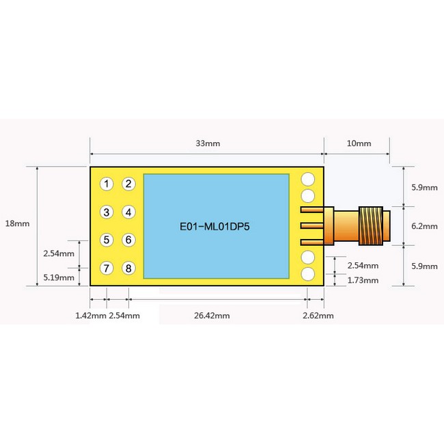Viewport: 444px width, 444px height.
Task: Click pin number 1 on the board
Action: coord(107,184)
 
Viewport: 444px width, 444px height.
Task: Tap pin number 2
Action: coord(128,184)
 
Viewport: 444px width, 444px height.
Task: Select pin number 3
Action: coord(107,212)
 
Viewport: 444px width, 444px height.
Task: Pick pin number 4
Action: coord(128,212)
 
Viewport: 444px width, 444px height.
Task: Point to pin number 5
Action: coord(107,240)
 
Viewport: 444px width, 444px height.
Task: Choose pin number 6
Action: coord(128,240)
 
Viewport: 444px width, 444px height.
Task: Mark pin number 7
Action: coord(107,268)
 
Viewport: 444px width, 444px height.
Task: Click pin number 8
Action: coord(128,268)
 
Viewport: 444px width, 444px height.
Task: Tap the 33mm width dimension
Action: coord(208,144)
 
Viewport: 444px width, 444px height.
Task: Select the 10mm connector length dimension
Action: coord(359,144)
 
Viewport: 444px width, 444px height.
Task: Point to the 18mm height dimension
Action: coord(16,223)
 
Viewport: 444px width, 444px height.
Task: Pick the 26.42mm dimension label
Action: coord(212,316)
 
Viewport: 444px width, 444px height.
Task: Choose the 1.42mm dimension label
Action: coord(89,316)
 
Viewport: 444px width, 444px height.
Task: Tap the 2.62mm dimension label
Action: coord(318,316)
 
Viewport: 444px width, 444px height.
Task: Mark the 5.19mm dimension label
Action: coord(58,277)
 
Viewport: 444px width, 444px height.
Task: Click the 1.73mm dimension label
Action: coord(363,280)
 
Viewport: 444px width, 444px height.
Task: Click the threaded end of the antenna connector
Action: coord(373,225)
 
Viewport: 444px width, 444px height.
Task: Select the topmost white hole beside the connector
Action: coord(308,179)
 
